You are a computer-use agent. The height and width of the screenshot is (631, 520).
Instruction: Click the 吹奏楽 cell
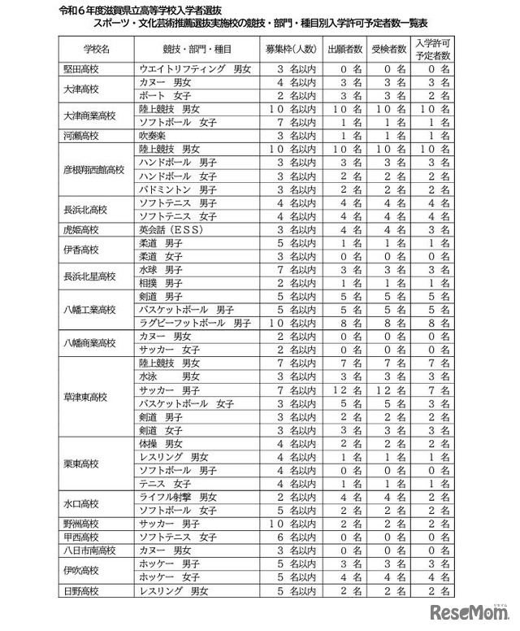pyautogui.click(x=154, y=136)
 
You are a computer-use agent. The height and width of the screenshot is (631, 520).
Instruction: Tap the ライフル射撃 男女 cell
pyautogui.click(x=178, y=497)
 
